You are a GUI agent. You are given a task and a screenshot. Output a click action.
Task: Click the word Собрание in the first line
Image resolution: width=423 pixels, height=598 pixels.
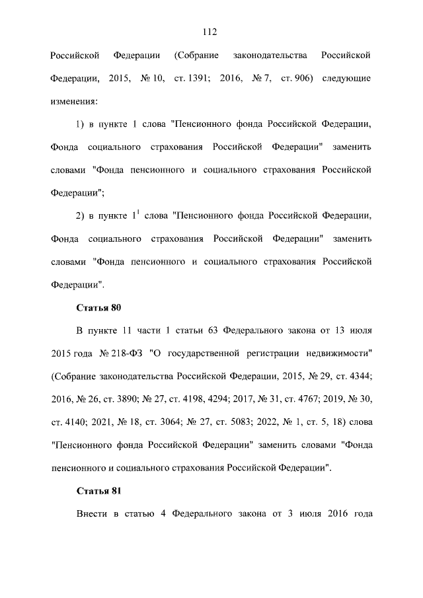(x=196, y=54)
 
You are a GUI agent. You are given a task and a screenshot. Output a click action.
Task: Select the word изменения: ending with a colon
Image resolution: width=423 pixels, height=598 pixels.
(x=74, y=102)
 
